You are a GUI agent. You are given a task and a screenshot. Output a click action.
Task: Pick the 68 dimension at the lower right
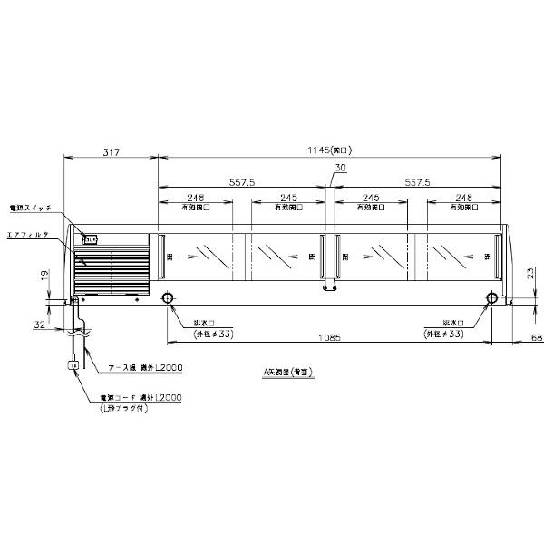536,338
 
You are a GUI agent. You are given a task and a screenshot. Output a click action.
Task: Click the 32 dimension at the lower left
39,324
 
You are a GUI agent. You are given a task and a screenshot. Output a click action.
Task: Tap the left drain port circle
169,299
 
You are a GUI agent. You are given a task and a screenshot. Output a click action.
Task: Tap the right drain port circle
491,299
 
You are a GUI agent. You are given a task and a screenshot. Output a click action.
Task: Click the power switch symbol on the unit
90,240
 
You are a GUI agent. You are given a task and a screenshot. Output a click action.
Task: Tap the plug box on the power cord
74,365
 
